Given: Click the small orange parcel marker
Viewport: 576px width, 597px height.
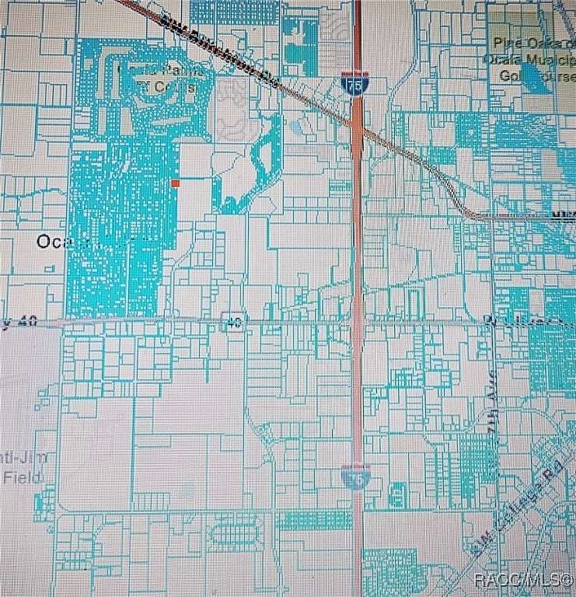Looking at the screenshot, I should pos(176,183).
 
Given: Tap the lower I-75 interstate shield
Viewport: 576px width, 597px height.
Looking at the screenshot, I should pos(354,476).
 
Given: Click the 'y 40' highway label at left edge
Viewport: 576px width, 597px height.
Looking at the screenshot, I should pos(16,324).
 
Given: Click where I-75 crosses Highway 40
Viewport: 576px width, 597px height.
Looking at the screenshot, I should pos(357,320).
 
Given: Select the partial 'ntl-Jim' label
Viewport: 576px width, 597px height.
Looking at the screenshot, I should pos(23,458).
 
